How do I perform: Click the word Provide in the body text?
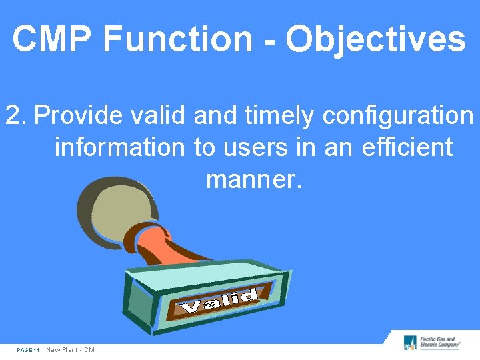point(79,116)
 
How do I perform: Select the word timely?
point(279,116)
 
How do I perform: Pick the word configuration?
point(397,116)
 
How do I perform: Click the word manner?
point(254,178)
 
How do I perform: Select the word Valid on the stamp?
point(220,301)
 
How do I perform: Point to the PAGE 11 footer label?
point(29,350)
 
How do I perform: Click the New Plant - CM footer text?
point(70,350)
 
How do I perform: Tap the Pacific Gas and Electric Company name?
point(440,342)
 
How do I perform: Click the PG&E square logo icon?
point(410,343)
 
